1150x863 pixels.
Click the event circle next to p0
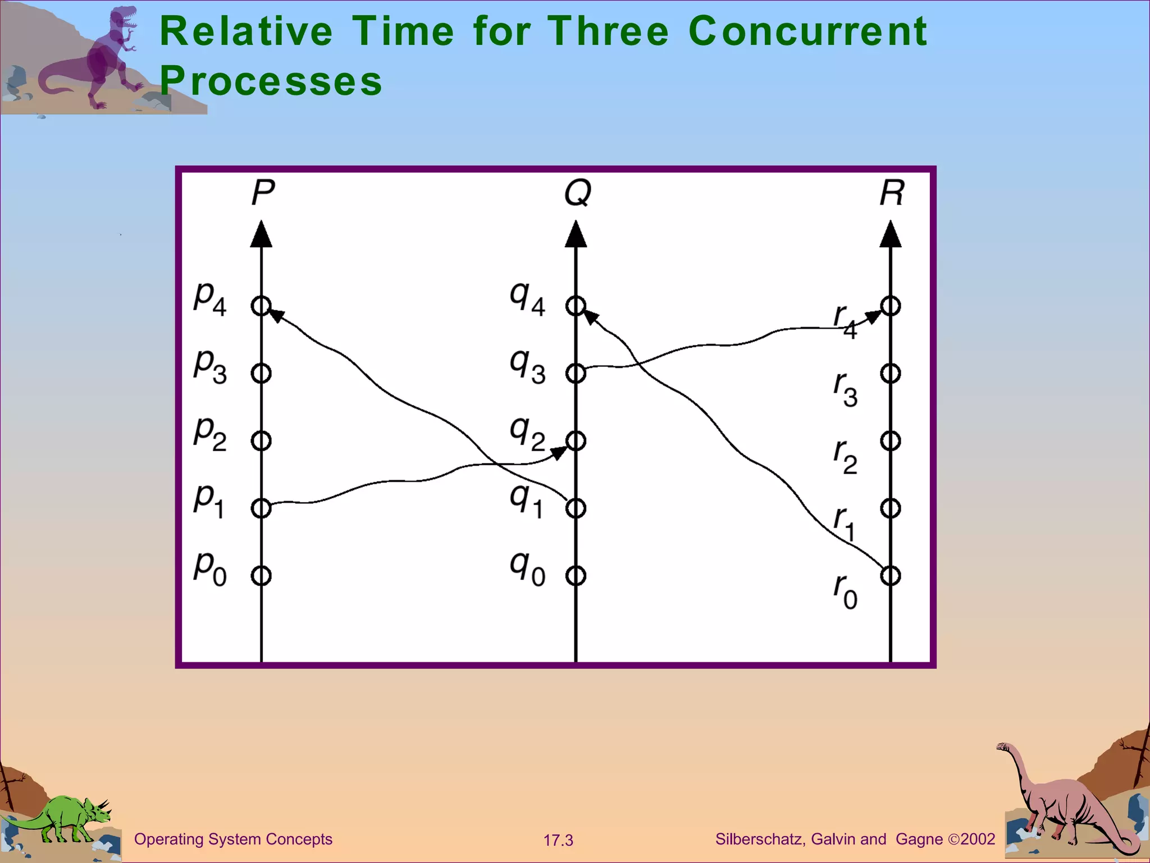(261, 575)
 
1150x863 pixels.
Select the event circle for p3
(261, 373)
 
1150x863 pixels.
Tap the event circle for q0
(576, 575)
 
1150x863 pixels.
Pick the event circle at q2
(576, 440)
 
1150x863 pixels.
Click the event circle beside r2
(891, 440)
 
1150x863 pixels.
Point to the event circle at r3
(891, 373)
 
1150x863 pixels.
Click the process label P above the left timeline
(263, 193)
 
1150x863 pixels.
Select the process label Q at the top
(578, 193)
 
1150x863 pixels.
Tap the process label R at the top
(892, 193)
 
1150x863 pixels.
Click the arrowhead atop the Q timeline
(576, 235)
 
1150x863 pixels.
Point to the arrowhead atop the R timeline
(891, 235)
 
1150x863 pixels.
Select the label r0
(845, 591)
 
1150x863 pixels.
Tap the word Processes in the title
(271, 81)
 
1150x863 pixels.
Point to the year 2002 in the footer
(978, 839)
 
